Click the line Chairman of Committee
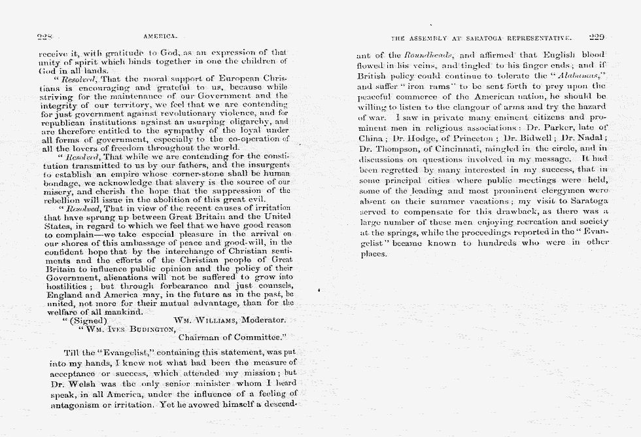232,338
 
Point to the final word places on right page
374,253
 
